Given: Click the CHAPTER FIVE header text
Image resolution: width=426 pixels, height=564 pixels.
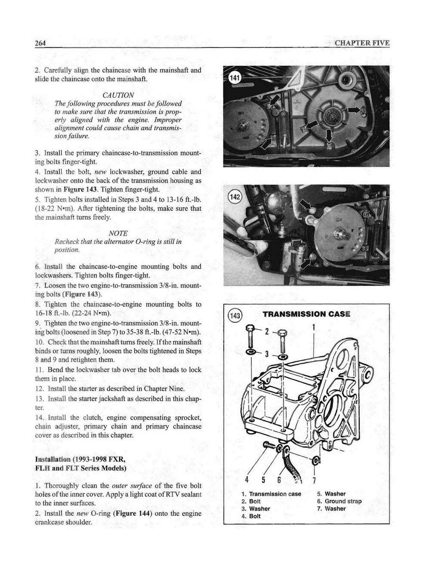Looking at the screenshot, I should click(362, 43).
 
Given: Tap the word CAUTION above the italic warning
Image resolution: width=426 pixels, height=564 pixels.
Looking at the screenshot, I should click(118, 95).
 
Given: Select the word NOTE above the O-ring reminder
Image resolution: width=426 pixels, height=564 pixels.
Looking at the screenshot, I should click(118, 233).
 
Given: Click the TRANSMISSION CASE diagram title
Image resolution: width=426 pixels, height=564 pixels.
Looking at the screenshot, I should click(306, 314).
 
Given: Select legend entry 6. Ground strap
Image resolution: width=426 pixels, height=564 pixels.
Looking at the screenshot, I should click(339, 501).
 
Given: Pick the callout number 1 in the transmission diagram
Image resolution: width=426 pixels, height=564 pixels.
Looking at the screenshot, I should click(314, 327).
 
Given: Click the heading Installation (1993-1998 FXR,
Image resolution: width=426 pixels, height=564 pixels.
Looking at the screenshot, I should click(80, 459).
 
